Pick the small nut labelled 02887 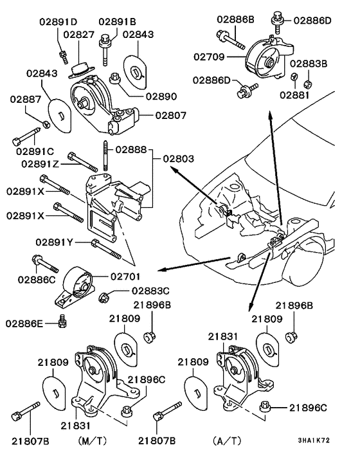click(47, 123)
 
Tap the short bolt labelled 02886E click(62, 320)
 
